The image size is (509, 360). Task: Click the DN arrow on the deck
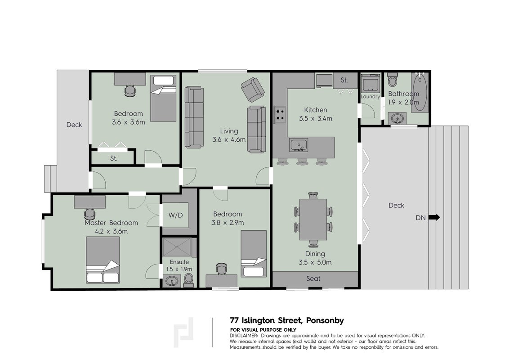pos(434,217)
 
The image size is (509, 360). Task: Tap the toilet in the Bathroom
pos(393,80)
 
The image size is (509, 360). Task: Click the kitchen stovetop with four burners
pos(280,114)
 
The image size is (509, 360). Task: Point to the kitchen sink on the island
pos(298,144)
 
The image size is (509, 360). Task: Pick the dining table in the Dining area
pos(313,219)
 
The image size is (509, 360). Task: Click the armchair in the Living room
pos(252,89)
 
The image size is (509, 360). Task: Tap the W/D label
pos(176,215)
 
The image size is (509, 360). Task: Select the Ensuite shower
pos(178,247)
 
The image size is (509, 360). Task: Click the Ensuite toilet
pos(188,280)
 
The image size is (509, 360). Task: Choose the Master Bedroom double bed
pos(103,260)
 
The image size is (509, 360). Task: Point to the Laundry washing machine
pos(371,83)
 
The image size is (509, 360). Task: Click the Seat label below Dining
pos(313,279)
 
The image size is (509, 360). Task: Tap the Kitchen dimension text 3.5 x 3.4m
pos(316,119)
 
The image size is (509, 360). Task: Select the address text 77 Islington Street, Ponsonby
pos(286,320)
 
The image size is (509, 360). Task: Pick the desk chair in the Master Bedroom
pos(89,214)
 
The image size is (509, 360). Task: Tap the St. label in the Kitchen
pos(344,80)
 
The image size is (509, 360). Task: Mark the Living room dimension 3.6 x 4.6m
pos(229,139)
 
